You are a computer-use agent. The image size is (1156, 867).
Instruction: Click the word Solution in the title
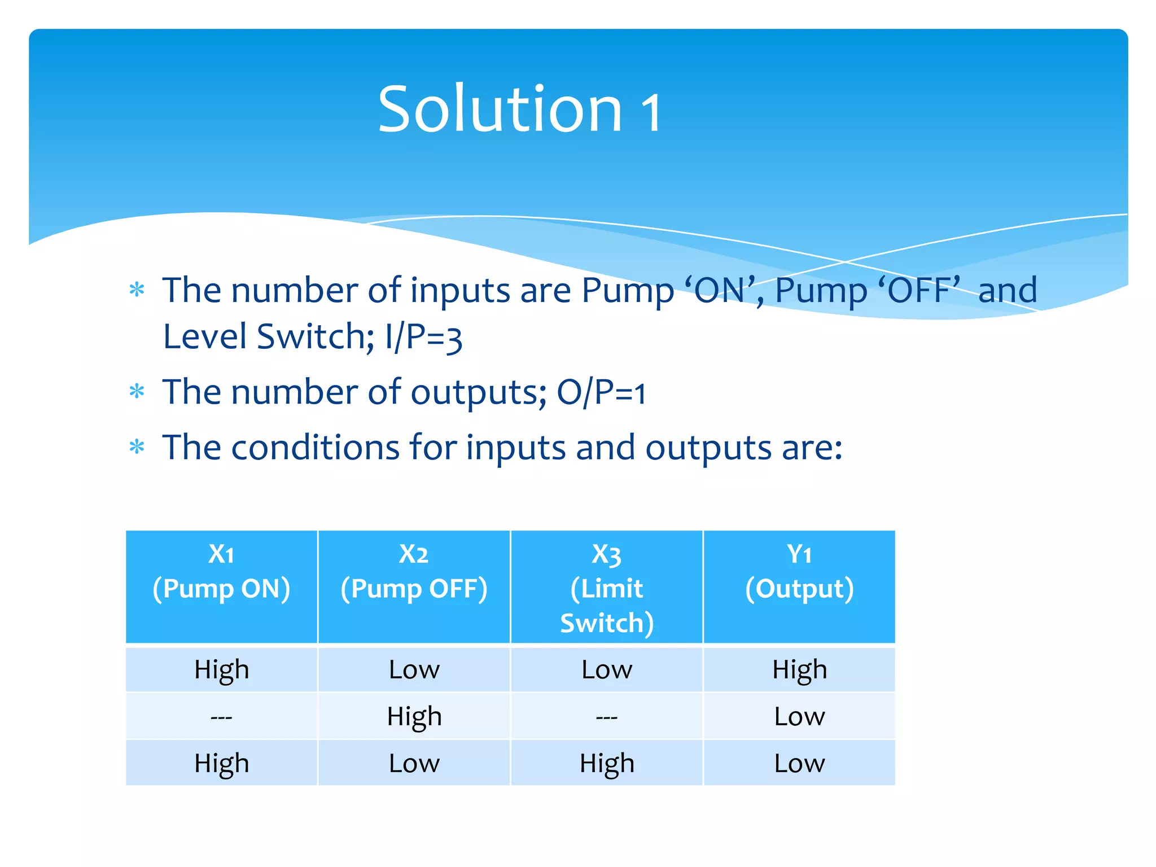click(500, 109)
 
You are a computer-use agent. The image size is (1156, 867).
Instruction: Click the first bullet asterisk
click(137, 290)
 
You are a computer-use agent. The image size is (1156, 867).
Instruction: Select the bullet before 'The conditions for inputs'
click(137, 447)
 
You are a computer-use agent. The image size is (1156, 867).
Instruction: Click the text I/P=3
click(423, 338)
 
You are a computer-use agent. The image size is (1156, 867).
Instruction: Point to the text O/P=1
click(601, 392)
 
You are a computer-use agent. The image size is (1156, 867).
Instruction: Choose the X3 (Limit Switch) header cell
click(607, 587)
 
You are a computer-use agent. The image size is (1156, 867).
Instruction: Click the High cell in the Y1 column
click(799, 669)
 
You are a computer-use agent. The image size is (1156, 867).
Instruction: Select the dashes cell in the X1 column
click(221, 717)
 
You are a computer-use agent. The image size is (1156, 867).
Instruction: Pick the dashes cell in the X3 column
click(607, 717)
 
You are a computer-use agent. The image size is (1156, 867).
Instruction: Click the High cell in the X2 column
click(414, 717)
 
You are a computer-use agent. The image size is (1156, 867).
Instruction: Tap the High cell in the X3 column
click(607, 763)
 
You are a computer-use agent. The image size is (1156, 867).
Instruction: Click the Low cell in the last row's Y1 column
click(799, 763)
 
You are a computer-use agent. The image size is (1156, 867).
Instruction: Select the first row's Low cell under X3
click(607, 669)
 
